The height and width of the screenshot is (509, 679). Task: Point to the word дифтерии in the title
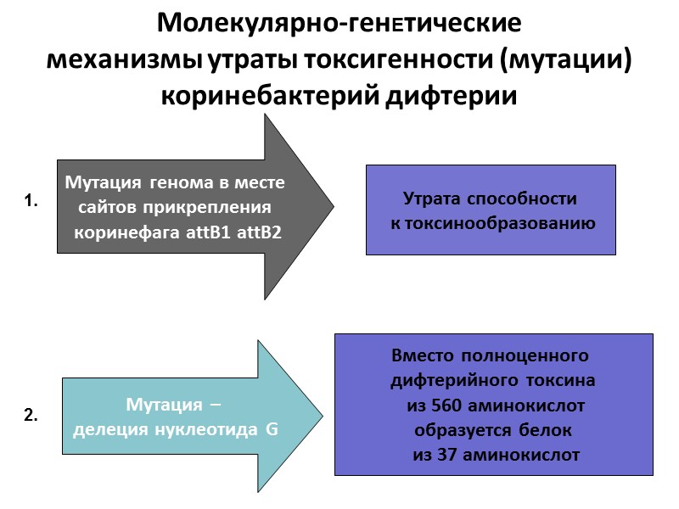pos(463,95)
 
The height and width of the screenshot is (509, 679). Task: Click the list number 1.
pos(31,202)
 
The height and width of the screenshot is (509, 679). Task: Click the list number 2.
pos(31,417)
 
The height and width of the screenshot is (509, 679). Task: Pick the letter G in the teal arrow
pos(272,429)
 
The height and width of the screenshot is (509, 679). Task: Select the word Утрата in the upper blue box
pos(431,200)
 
